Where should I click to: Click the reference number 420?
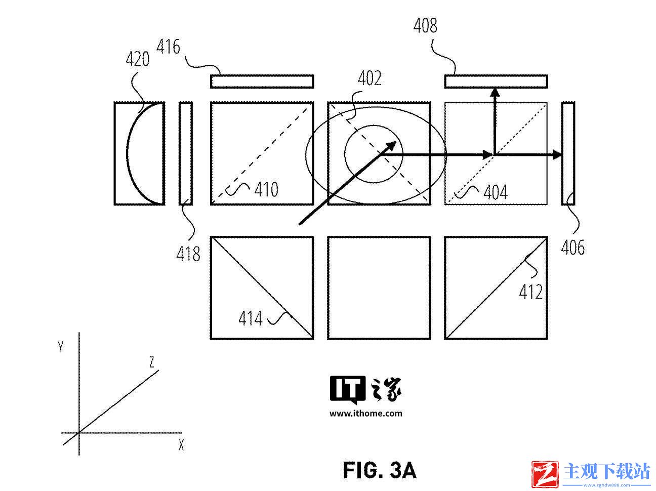tap(138, 59)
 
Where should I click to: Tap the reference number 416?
tap(168, 47)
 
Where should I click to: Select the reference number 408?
tap(425, 25)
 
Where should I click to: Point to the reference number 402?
tap(370, 78)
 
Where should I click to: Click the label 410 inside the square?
tap(266, 189)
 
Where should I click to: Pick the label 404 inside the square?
tap(496, 192)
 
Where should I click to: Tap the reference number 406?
tap(572, 248)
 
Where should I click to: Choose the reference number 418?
tap(188, 254)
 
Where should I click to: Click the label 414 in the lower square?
tap(251, 318)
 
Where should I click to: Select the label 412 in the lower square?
tap(531, 292)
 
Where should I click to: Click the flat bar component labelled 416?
tap(262, 81)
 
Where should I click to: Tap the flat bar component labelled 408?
tap(496, 81)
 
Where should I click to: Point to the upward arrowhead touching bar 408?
tap(495, 92)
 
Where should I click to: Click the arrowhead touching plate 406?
tap(557, 155)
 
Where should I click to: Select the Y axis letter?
tap(61, 347)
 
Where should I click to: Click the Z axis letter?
tap(152, 362)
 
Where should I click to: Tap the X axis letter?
tap(181, 445)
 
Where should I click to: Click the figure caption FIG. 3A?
tap(380, 470)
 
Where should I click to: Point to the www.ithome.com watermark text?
tap(366, 414)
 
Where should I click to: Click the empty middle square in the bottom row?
tap(379, 288)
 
